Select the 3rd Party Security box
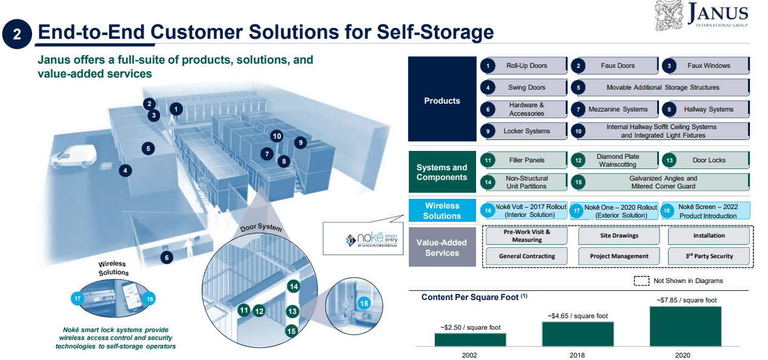708,256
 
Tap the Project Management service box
619,256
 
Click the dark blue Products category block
442,101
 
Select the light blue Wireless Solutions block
442,210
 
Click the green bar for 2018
577,334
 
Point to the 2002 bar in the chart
470,339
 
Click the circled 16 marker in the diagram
364,303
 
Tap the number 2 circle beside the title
17,34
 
